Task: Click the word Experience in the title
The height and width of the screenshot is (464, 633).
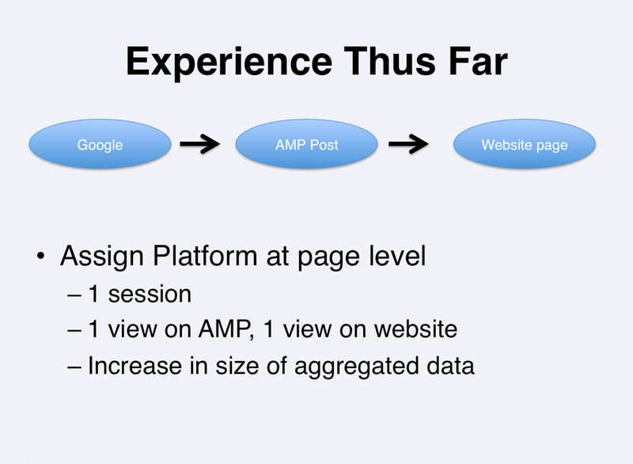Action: (x=229, y=63)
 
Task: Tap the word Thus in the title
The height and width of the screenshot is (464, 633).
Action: (x=390, y=61)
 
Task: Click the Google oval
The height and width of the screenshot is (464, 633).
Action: (x=100, y=144)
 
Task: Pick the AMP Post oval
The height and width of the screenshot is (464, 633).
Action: (x=307, y=144)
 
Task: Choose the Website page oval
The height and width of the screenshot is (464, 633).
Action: (x=525, y=144)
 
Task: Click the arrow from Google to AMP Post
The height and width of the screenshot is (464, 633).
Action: (x=200, y=144)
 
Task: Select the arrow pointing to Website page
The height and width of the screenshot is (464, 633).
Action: (x=408, y=144)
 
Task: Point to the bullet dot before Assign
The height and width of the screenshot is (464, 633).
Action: (x=40, y=256)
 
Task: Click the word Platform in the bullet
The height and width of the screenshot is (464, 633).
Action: (x=205, y=256)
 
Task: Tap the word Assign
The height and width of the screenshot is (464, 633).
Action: (x=102, y=257)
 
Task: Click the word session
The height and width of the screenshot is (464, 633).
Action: (x=150, y=294)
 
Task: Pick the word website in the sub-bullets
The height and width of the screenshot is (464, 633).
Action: (x=416, y=329)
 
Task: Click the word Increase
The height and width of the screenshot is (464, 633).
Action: (x=135, y=366)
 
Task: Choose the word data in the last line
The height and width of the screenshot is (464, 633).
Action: (x=450, y=366)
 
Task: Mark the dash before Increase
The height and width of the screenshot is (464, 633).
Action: (x=74, y=367)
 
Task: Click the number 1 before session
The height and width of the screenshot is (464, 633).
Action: (x=93, y=294)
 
